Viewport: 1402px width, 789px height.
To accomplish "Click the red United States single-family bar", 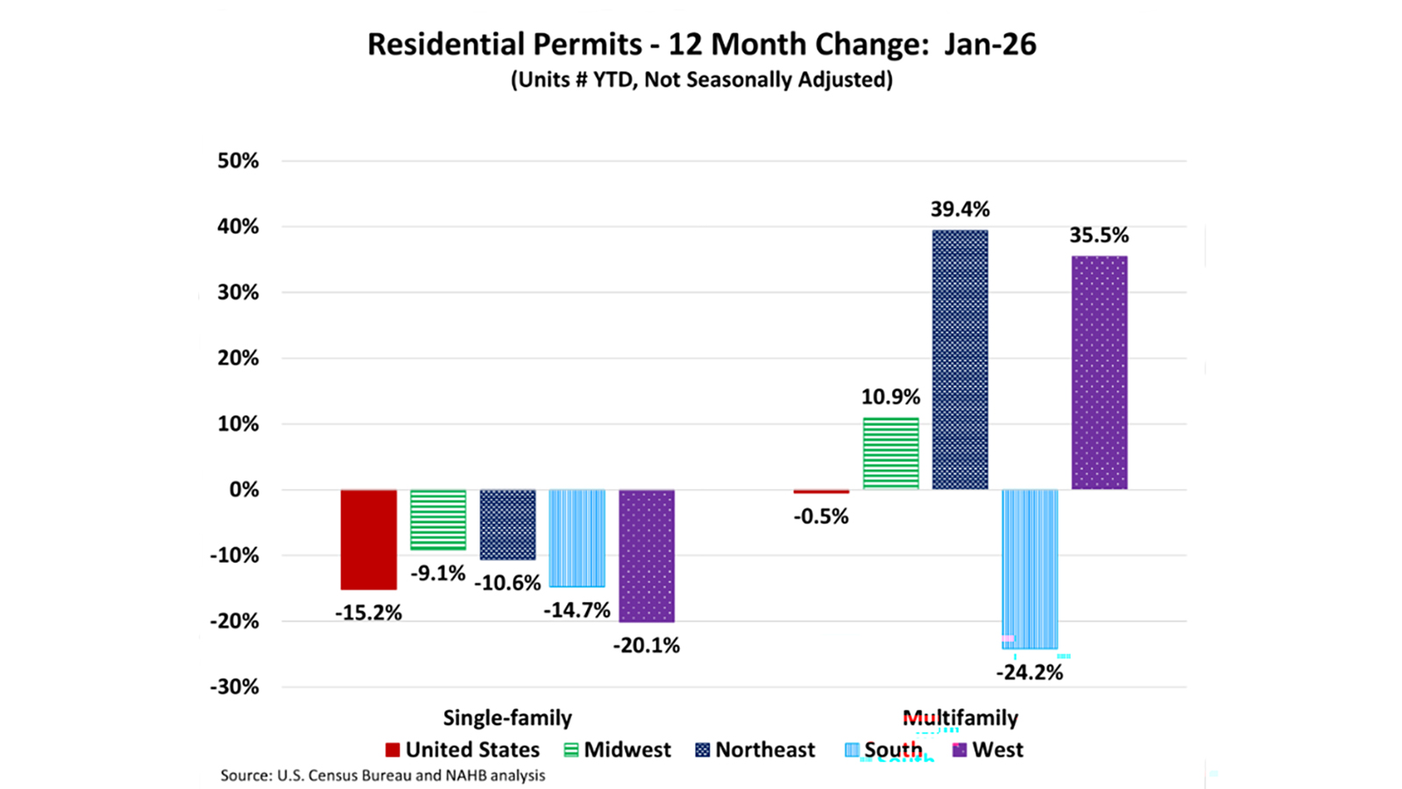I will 368,539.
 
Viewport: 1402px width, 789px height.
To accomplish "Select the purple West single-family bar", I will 647,555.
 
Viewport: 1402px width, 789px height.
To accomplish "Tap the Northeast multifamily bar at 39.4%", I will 959,359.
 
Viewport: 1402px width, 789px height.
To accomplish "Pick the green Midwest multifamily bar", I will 890,453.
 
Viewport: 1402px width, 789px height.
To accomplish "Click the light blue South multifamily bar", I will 1030,568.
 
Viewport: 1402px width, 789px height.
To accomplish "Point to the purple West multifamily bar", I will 1099,373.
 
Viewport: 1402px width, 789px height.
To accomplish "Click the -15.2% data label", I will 368,613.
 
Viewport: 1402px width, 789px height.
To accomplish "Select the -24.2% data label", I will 1030,672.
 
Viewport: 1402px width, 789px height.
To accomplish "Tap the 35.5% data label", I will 1099,235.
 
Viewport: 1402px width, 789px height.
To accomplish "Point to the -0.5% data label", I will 821,516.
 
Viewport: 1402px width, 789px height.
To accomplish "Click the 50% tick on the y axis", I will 238,161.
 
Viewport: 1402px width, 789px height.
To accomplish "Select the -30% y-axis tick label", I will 234,686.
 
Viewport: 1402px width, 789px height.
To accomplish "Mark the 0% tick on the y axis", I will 244,490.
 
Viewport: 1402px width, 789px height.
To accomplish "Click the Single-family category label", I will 507,718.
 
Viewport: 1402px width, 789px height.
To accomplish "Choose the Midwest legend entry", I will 617,750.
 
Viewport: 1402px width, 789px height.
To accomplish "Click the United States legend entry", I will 463,750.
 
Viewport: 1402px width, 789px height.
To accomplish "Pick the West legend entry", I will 988,750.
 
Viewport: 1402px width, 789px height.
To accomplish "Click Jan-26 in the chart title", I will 989,45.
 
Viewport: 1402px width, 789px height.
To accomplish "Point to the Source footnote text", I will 383,776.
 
